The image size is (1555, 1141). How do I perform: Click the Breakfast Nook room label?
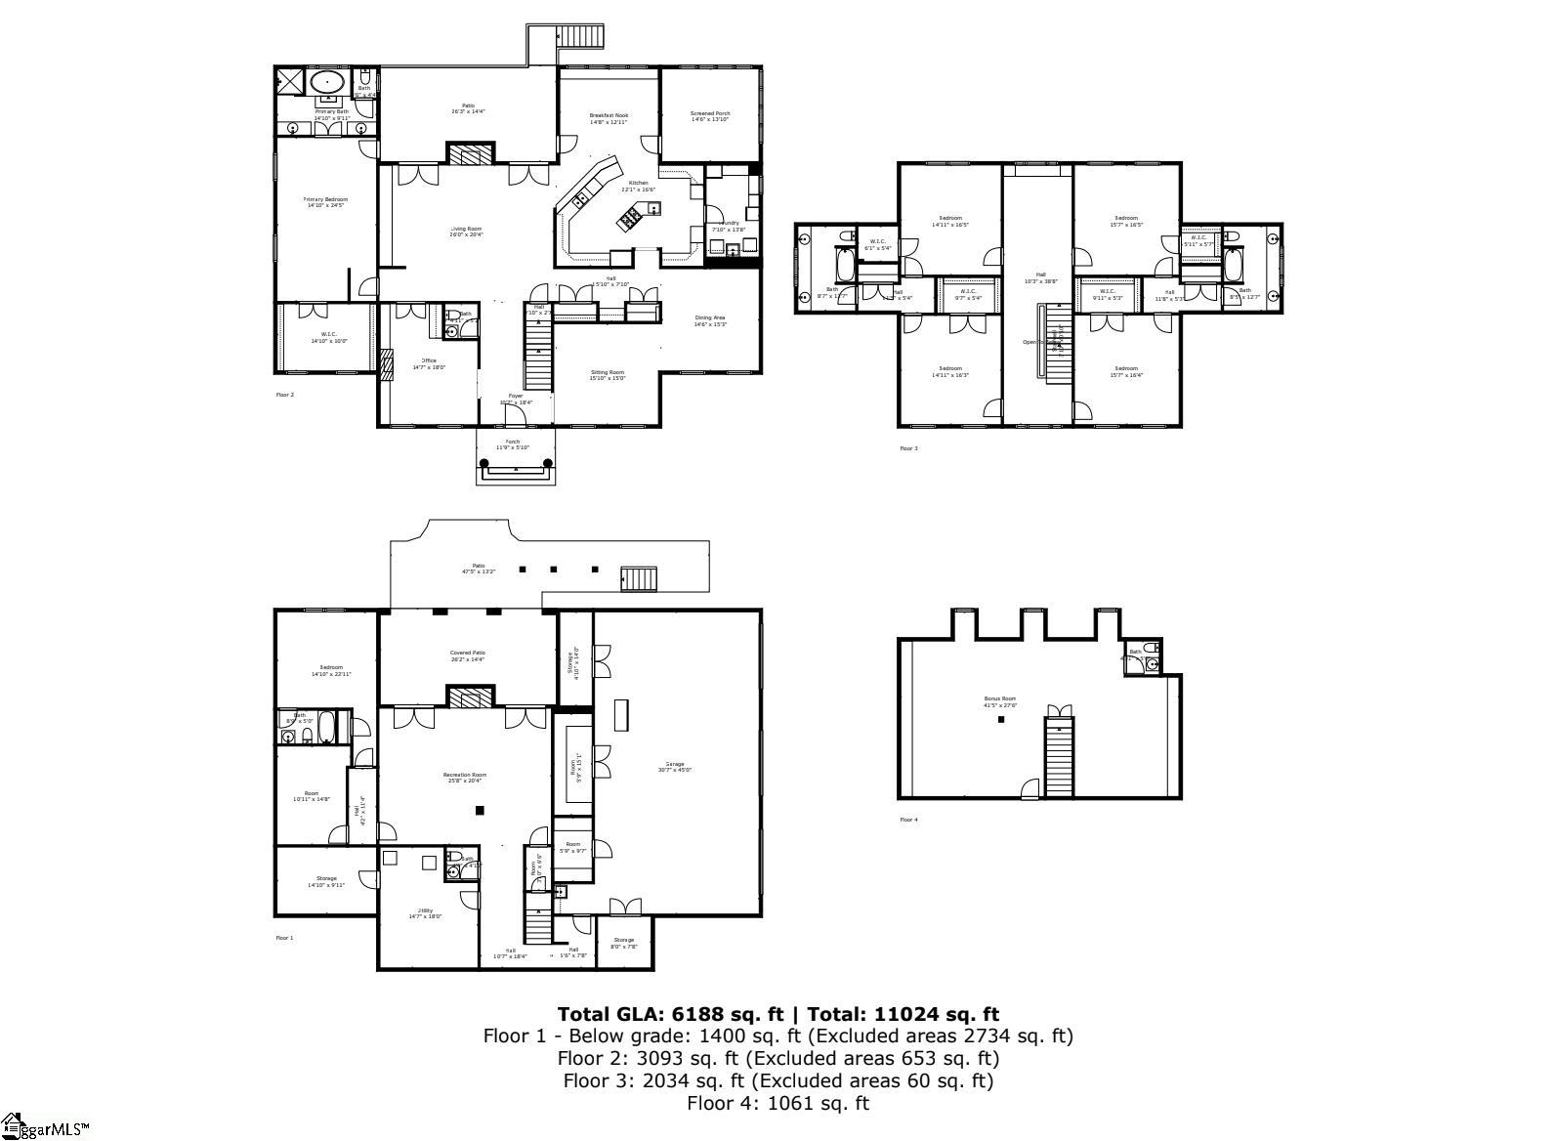[609, 115]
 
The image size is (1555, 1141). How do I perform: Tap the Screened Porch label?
[710, 114]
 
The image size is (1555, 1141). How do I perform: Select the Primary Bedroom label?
[326, 199]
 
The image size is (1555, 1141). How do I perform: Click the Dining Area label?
[710, 317]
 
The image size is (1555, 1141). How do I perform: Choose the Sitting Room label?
[607, 372]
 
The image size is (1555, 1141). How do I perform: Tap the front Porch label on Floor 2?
[513, 443]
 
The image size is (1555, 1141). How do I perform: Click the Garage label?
[675, 764]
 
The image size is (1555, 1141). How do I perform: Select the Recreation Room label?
[466, 775]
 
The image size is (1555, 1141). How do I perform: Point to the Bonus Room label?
[999, 699]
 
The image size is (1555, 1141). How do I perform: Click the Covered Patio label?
[467, 654]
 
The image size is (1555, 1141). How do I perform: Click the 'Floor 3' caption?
[908, 448]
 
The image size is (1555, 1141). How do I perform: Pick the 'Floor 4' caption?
[908, 820]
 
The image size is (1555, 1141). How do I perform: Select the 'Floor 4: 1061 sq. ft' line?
[777, 1103]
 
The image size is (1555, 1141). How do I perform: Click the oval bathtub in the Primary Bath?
[327, 81]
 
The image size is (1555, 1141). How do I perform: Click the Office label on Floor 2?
[429, 360]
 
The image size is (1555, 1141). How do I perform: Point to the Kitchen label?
[638, 183]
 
